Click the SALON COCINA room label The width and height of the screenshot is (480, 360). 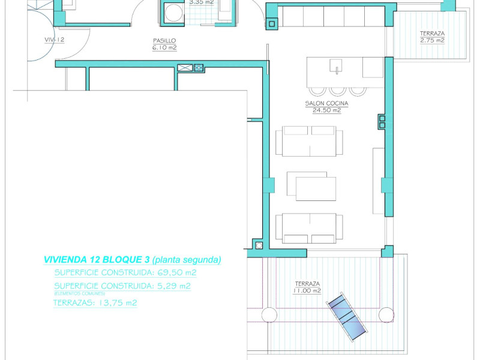pos(326,103)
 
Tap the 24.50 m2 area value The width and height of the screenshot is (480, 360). pos(326,110)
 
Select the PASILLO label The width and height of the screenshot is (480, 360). pos(164,41)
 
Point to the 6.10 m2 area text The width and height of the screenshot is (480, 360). pos(164,47)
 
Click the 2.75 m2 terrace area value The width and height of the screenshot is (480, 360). pos(432,40)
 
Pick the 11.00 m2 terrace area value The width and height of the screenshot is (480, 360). pos(307,290)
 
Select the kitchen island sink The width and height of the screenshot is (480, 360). pos(337,64)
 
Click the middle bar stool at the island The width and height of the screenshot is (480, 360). pos(338,90)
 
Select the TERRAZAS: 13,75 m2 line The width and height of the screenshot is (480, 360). pos(95,303)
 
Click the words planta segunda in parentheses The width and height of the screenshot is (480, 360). pos(187,260)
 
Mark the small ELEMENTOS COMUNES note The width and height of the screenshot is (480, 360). pos(79,293)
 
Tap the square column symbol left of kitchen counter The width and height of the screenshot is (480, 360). pos(272,24)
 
